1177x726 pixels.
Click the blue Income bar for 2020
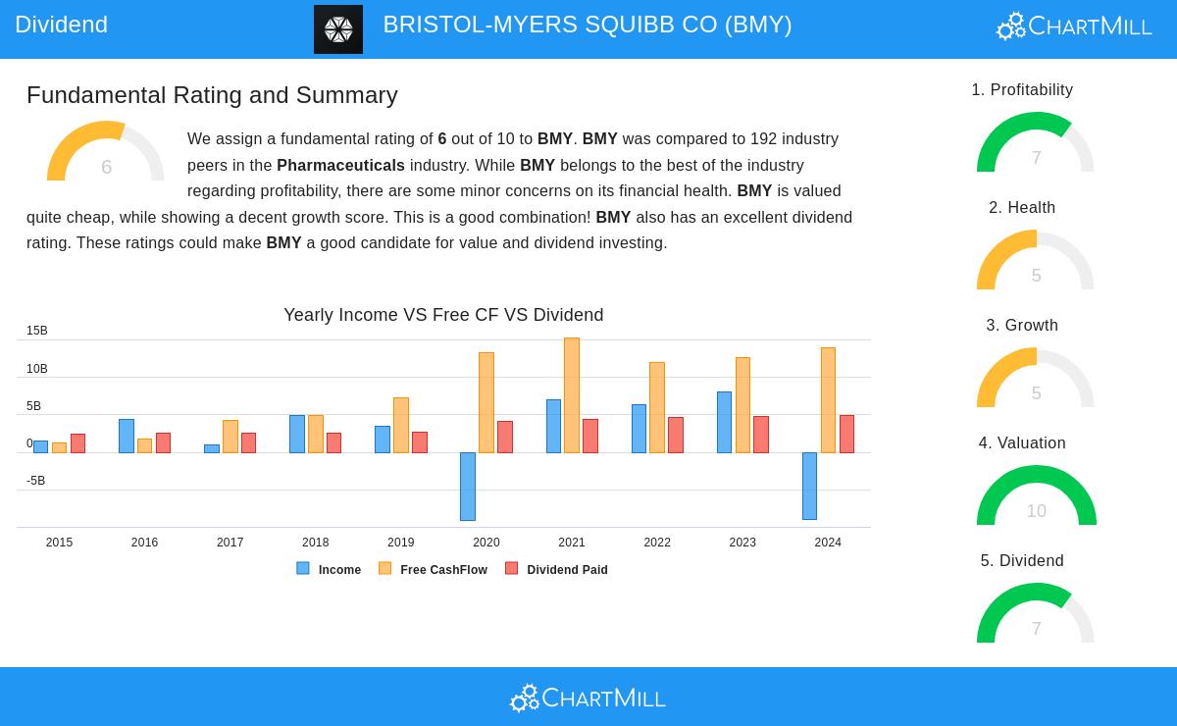(x=468, y=486)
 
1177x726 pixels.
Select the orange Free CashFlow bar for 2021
(x=572, y=395)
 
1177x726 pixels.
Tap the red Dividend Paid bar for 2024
(x=846, y=434)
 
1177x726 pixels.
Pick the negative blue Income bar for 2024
(x=809, y=486)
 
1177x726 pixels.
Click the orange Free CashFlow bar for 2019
(x=401, y=425)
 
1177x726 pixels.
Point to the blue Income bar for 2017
(x=212, y=448)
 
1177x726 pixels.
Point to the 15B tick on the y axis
(x=37, y=332)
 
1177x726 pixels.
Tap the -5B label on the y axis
(x=35, y=481)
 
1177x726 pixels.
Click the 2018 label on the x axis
(x=315, y=543)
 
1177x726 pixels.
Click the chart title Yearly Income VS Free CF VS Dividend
(x=443, y=315)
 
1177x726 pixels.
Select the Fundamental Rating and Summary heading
(x=212, y=95)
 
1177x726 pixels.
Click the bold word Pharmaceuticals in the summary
(x=340, y=165)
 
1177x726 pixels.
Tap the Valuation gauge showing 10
(x=1036, y=497)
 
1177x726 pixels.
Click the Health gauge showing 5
(x=1036, y=262)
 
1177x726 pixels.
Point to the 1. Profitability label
(x=1022, y=90)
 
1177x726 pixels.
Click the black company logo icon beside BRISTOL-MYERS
(x=338, y=29)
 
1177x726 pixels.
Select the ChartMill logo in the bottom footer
(x=588, y=698)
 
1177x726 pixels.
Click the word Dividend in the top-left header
(x=61, y=25)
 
